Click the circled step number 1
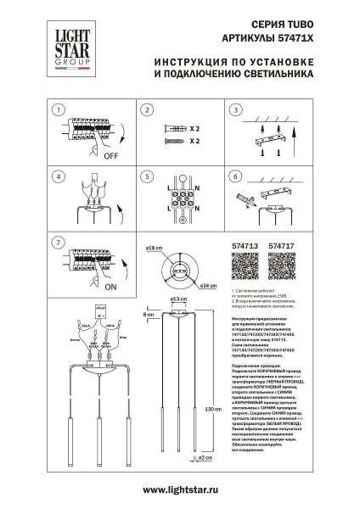pyautogui.click(x=57, y=110)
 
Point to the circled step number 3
pyautogui.click(x=235, y=110)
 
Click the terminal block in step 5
pyautogui.click(x=181, y=201)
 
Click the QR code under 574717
pyautogui.click(x=281, y=269)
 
